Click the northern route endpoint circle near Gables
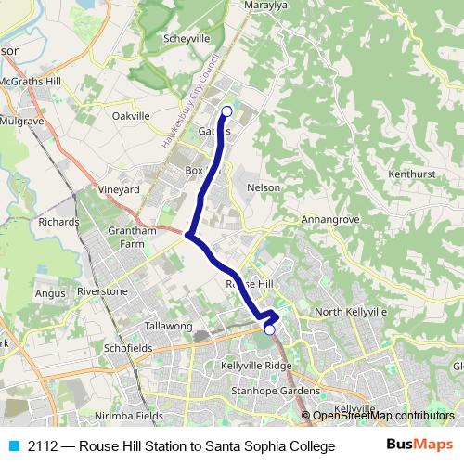point(226,111)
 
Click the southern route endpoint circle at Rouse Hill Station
point(270,329)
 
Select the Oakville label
point(131,116)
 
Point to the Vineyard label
point(119,189)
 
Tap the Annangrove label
point(330,220)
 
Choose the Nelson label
point(264,187)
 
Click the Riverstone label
point(102,290)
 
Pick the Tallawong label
point(169,327)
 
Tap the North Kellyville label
point(350,312)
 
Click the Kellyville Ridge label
point(256,367)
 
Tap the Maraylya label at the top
point(267,5)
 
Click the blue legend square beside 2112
point(13,446)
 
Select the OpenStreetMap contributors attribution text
point(383,416)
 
